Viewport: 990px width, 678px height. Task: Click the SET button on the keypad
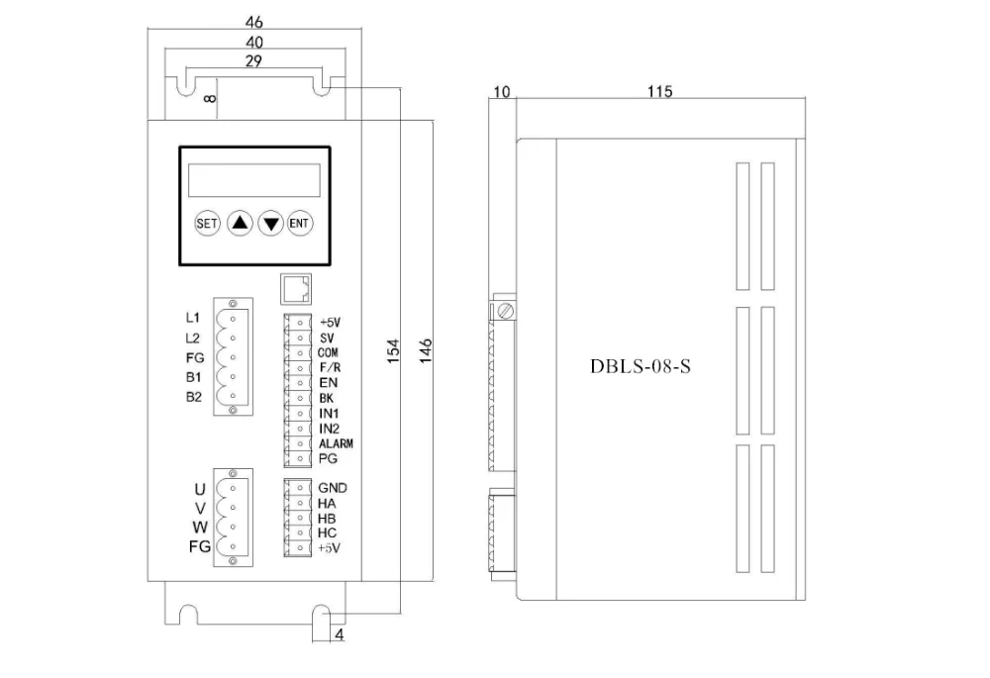207,224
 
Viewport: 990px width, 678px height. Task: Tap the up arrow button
239,224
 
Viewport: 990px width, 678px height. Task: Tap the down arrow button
270,224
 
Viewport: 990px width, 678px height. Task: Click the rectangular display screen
253,180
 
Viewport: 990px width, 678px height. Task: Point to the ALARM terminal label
336,443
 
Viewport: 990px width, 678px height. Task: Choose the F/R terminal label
331,367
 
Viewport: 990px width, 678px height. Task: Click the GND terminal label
333,488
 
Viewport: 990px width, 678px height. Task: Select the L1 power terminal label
194,319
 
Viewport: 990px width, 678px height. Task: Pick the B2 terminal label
194,397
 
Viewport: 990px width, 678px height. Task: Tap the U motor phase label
200,489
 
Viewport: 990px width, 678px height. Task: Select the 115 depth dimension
660,92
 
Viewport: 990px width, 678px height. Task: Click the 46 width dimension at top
253,21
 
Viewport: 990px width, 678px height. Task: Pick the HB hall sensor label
328,518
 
